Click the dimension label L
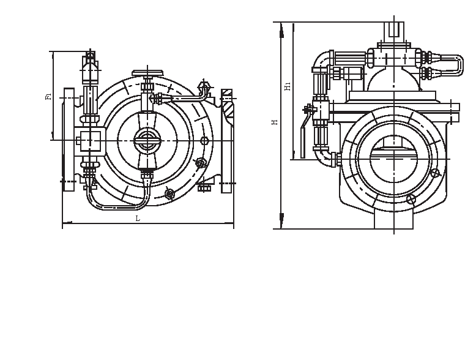coord(138,219)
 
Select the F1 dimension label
coord(48,96)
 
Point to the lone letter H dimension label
coord(275,122)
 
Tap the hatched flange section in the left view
coord(227,108)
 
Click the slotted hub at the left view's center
coord(146,140)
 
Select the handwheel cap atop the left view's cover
coord(147,71)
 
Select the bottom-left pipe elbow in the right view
coord(322,158)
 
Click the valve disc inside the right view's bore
coord(395,148)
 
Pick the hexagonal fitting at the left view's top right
coord(205,86)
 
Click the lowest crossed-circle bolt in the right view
coord(411,199)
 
